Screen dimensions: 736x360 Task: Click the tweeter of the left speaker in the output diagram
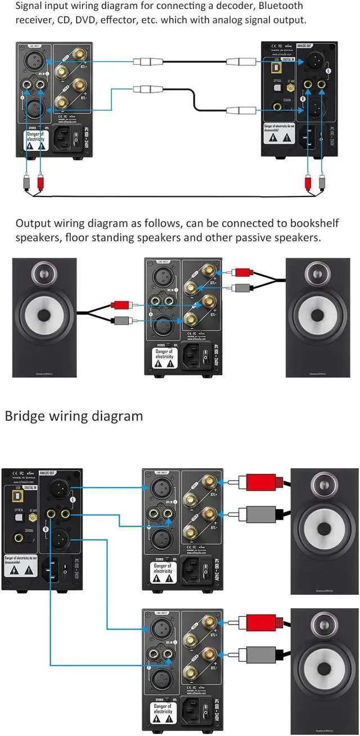[44, 275]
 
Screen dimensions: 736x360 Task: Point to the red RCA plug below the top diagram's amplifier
[40, 182]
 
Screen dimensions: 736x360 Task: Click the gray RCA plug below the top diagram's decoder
[322, 182]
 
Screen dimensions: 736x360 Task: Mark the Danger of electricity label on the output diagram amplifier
[164, 356]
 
